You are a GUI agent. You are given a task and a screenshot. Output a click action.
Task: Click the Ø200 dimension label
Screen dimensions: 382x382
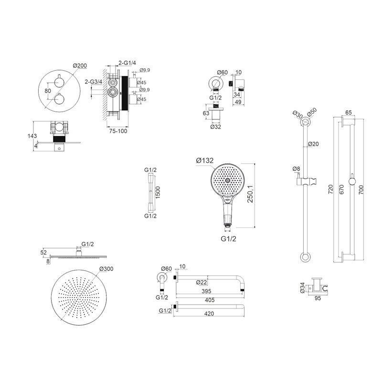click(x=80, y=65)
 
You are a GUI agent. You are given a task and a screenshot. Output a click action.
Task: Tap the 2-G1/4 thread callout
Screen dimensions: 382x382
click(x=127, y=63)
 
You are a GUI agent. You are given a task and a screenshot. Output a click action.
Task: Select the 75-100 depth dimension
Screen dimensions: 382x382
click(x=118, y=131)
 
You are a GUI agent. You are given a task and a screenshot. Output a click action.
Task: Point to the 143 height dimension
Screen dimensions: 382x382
click(x=32, y=136)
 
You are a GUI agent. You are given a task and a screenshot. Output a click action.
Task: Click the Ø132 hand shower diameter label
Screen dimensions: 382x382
click(x=205, y=160)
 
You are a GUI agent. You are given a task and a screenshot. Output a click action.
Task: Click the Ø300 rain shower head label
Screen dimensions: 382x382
click(x=106, y=269)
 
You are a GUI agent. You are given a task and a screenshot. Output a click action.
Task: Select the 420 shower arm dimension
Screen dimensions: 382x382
click(x=209, y=314)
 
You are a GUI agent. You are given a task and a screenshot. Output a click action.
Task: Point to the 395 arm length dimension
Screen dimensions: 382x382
click(x=206, y=291)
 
